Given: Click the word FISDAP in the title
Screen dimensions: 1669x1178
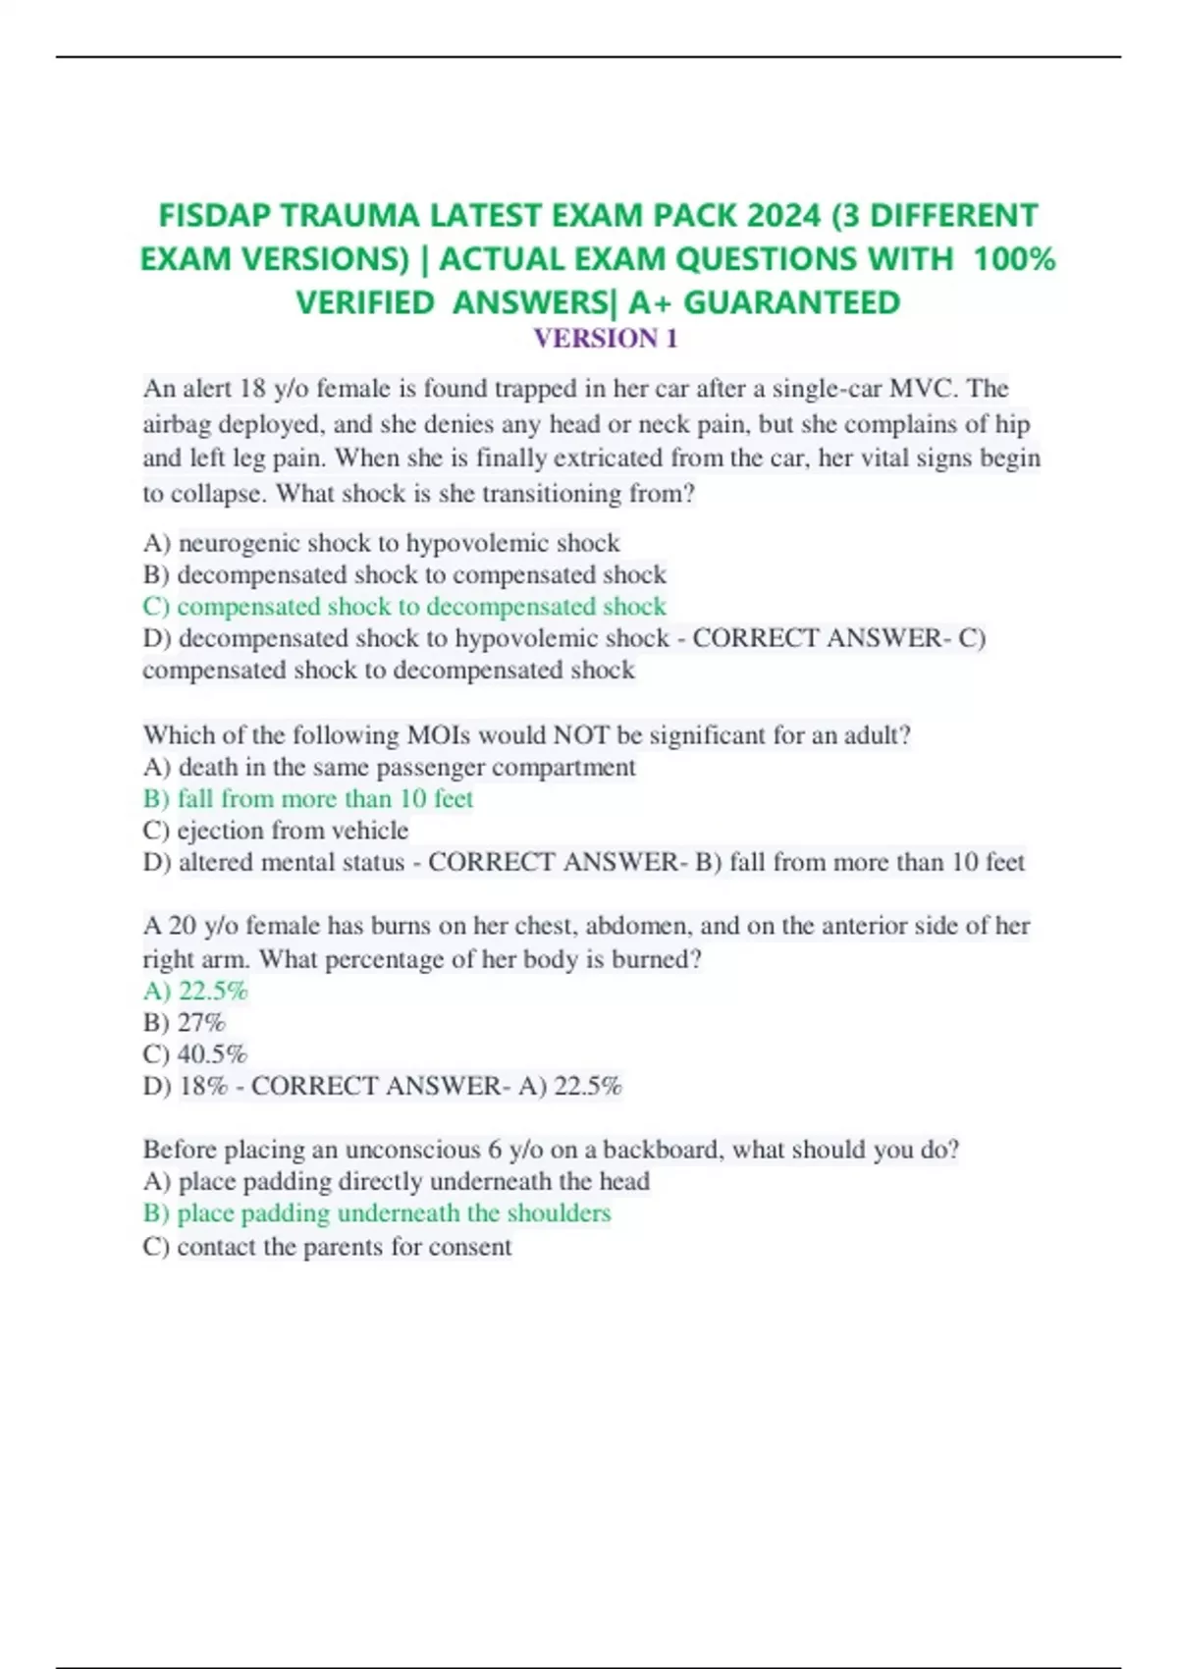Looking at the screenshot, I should click(213, 215).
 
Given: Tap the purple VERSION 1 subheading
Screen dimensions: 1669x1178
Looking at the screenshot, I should click(605, 339).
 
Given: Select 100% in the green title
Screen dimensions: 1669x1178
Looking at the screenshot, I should click(1013, 259).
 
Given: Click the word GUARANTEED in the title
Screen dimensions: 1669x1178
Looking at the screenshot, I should click(791, 302).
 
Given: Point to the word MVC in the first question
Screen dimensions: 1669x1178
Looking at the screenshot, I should click(922, 389).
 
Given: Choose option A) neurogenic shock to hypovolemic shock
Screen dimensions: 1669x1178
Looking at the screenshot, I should click(381, 543).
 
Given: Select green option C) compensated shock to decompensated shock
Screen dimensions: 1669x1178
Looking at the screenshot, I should click(404, 607).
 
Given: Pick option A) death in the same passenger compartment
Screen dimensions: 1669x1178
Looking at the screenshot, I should click(389, 768).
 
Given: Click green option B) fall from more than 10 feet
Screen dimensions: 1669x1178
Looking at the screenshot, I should click(308, 799).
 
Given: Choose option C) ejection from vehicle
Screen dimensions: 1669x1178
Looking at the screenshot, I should click(275, 831).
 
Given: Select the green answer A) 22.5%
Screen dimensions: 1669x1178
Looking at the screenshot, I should click(195, 991).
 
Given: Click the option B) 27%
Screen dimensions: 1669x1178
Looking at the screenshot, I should click(184, 1023).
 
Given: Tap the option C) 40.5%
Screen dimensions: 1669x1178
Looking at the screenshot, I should click(194, 1054).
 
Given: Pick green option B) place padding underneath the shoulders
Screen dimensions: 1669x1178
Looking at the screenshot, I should click(377, 1213).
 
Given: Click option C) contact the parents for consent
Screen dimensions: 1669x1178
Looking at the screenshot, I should click(327, 1247).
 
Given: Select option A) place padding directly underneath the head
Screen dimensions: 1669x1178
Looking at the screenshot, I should click(396, 1181).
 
